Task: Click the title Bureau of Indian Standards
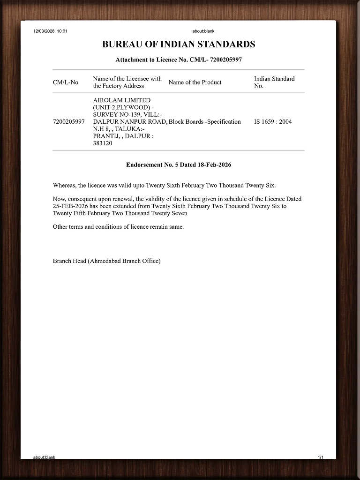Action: pos(179,45)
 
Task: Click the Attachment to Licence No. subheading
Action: pos(179,60)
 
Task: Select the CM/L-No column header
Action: pos(66,82)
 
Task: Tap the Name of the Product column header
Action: pos(195,82)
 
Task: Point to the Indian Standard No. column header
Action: pos(274,82)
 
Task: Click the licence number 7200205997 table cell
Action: pos(69,122)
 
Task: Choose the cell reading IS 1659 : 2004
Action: pos(273,122)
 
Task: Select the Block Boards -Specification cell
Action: pos(205,122)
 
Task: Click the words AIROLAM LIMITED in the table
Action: pos(122,100)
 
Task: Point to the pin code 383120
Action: pos(103,143)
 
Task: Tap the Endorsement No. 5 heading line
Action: pos(179,165)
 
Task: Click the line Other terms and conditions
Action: pos(118,227)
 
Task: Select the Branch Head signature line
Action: pos(106,261)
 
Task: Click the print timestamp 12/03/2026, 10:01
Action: pos(51,31)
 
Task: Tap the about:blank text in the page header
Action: pos(203,31)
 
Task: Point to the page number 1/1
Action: pos(321,457)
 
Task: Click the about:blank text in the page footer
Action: pos(44,457)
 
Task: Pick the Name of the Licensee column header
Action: pos(127,82)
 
